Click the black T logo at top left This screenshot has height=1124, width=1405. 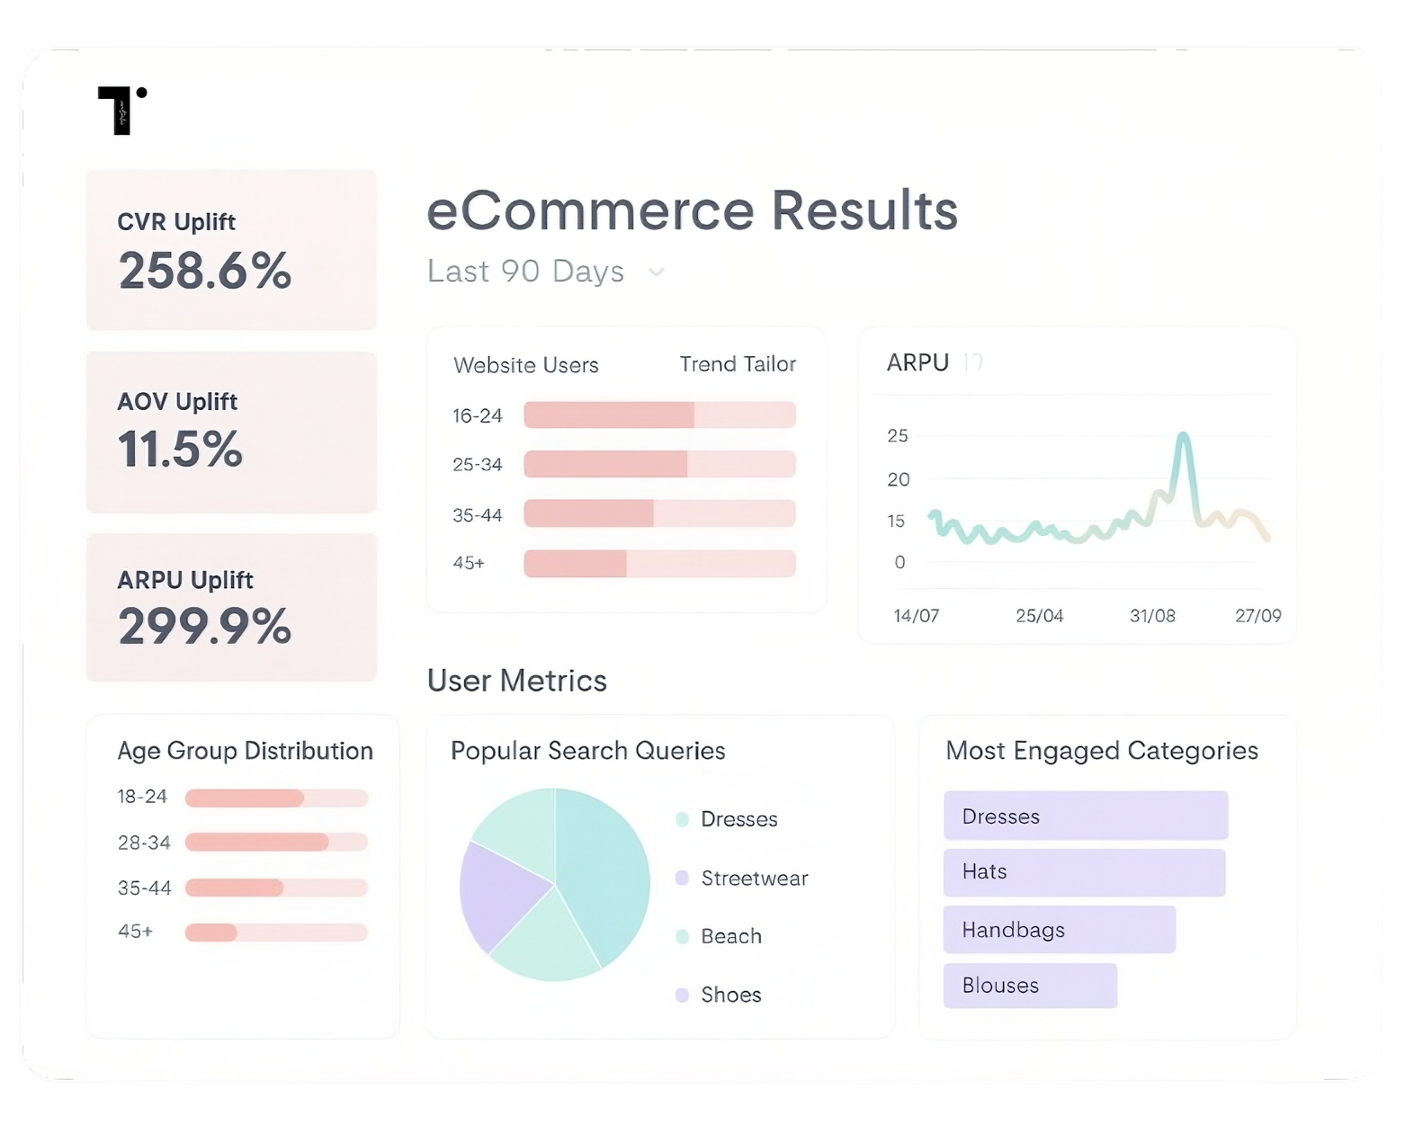[x=121, y=111]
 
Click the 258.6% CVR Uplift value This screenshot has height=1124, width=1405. [x=205, y=271]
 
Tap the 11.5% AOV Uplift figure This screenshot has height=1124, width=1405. [x=181, y=449]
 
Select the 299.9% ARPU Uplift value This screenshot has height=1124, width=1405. [x=205, y=627]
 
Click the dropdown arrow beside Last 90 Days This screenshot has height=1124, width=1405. [x=657, y=272]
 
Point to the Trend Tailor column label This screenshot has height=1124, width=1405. [x=738, y=364]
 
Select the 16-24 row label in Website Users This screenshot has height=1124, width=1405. [x=478, y=415]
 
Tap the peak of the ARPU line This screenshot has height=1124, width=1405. [x=1184, y=437]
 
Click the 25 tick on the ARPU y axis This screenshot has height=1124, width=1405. [x=898, y=436]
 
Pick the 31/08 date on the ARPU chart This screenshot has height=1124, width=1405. [x=1152, y=616]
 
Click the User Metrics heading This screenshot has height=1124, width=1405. [x=517, y=681]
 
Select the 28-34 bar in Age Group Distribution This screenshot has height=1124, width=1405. [x=257, y=843]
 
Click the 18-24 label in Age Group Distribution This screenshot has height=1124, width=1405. [x=142, y=797]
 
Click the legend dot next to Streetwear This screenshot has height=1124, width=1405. [x=682, y=878]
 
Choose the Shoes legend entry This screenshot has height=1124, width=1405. [x=730, y=995]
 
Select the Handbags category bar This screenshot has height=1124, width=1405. [x=1059, y=930]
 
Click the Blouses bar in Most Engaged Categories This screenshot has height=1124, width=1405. [x=1030, y=986]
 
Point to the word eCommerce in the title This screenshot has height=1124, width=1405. [x=590, y=211]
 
